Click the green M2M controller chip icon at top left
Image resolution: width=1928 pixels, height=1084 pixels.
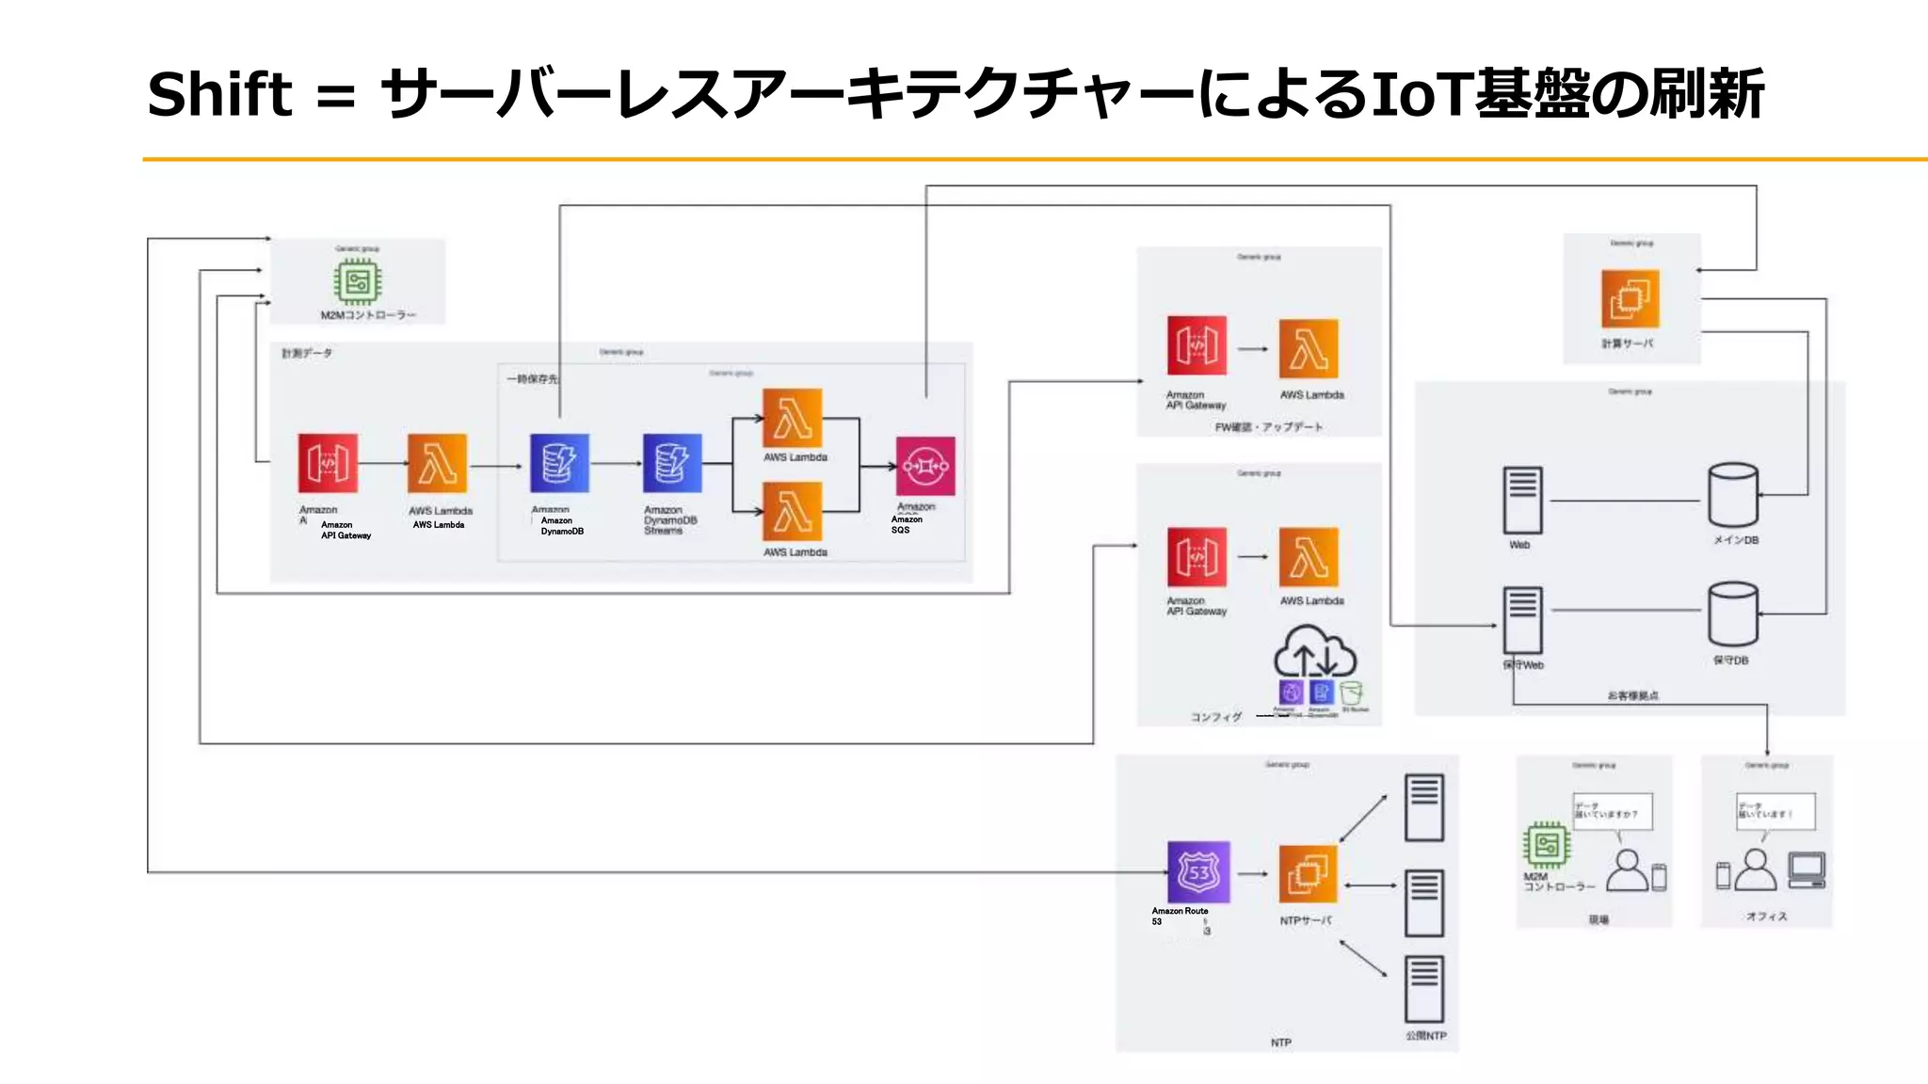[x=357, y=281]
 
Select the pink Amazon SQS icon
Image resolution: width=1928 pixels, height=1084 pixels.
[x=924, y=466]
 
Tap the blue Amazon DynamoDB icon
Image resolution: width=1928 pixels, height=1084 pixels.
[x=559, y=463]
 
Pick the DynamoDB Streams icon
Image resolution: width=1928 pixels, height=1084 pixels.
[x=672, y=463]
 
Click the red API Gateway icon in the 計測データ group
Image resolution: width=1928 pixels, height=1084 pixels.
[x=328, y=463]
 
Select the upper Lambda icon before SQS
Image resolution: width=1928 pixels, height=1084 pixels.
[x=793, y=418]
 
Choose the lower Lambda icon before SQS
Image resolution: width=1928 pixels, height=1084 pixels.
[x=793, y=512]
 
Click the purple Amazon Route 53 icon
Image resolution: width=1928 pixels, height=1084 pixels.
[x=1198, y=872]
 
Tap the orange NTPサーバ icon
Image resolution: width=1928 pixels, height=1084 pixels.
[x=1308, y=874]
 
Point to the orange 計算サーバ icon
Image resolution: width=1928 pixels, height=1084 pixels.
[x=1630, y=299]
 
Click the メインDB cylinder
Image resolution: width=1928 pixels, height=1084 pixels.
[x=1732, y=495]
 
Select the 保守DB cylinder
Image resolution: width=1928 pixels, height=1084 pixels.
[x=1732, y=614]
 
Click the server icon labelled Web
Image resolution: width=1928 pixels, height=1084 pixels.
[x=1522, y=501]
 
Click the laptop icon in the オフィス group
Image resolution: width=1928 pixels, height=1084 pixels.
[x=1807, y=869]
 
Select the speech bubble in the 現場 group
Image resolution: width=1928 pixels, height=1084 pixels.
[x=1612, y=811]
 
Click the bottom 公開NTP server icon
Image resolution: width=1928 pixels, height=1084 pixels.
[x=1423, y=989]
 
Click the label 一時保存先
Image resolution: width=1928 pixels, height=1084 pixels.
[x=532, y=379]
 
